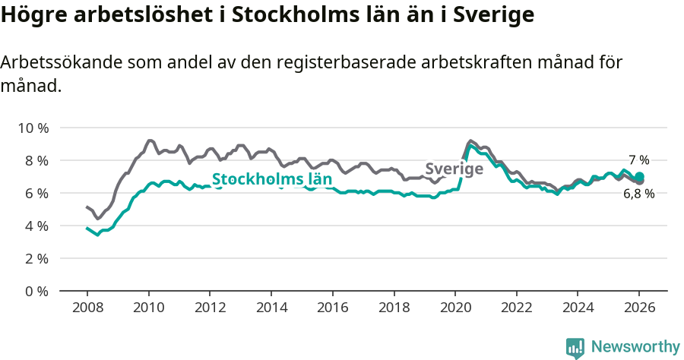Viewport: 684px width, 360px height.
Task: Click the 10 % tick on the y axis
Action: [x=33, y=128]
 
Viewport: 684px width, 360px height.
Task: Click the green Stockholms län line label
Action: [x=272, y=180]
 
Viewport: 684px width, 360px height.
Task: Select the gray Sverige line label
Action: [x=454, y=169]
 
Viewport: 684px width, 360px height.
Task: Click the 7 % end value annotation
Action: [x=638, y=160]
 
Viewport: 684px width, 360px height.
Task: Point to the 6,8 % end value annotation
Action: [x=638, y=194]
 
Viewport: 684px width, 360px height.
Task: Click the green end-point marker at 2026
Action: [x=639, y=177]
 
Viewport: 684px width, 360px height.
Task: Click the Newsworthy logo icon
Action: [x=575, y=348]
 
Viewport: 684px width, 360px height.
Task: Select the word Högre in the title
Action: [x=30, y=15]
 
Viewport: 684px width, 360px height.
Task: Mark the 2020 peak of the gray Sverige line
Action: [x=471, y=141]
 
